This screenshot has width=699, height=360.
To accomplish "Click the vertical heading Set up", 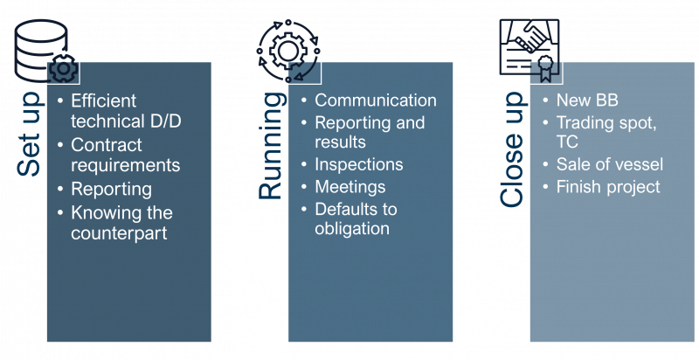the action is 29,135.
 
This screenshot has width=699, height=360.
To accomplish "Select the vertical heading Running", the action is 271,146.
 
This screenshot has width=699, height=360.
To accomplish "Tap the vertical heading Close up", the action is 513,149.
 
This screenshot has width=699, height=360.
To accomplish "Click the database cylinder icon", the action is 41,51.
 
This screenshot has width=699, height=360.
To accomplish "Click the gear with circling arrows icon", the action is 288,51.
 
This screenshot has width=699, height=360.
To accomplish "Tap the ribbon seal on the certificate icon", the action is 544,69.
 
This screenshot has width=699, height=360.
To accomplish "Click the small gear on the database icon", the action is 63,69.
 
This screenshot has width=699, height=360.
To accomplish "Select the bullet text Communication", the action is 376,100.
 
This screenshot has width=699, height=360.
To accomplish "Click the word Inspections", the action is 359,164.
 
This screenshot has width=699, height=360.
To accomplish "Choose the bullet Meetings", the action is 350,187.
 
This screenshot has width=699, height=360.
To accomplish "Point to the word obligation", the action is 352,229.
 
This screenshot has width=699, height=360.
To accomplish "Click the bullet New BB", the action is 587,100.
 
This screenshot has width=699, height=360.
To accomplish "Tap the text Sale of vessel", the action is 609,164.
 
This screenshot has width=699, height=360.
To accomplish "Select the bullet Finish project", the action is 608,187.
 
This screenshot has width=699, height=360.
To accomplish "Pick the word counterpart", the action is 119,233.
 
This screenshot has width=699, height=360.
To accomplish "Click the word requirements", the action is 126,165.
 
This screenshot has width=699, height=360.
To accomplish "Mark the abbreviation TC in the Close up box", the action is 567,142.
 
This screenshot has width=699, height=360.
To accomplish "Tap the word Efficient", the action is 103,100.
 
